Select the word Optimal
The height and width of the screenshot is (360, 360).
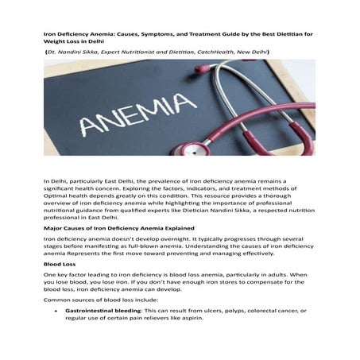[x=57, y=195]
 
